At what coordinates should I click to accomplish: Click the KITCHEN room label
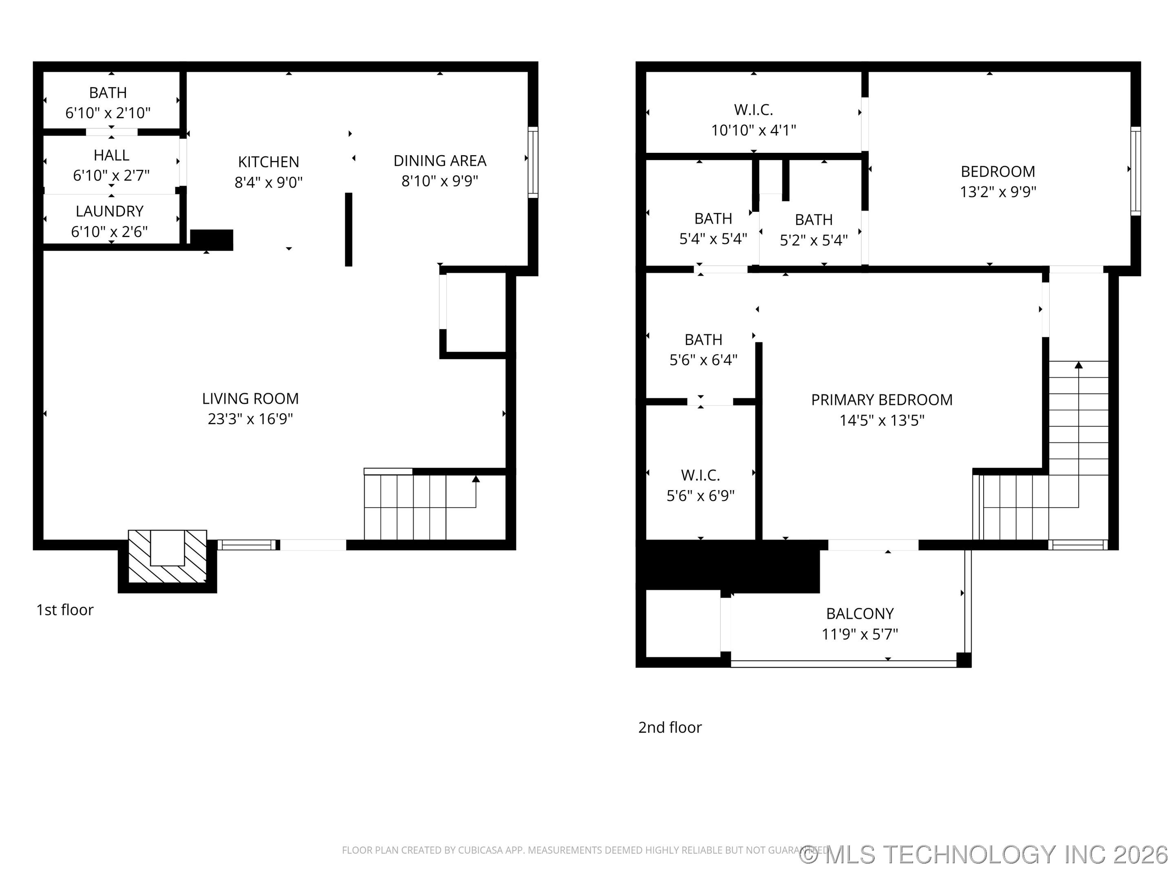[269, 162]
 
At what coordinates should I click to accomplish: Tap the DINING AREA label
[440, 161]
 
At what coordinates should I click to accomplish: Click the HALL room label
[111, 155]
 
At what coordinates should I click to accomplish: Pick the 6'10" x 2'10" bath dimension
[108, 113]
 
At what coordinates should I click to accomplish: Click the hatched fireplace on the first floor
[168, 556]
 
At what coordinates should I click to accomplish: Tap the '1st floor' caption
[65, 610]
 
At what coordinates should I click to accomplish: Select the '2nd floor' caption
[670, 727]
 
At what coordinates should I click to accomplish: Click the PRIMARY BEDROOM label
[882, 400]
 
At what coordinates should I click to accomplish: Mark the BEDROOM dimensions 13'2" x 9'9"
[998, 191]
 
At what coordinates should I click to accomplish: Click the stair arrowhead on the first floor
[476, 479]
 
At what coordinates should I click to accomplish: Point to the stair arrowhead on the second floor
[1079, 365]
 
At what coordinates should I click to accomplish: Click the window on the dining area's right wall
[533, 162]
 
